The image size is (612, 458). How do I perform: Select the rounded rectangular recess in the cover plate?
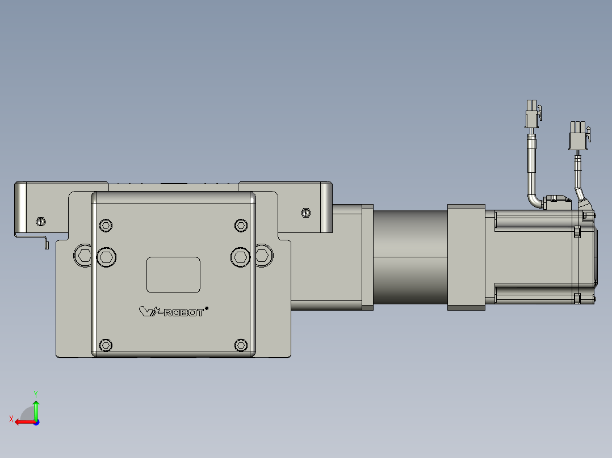[173, 275]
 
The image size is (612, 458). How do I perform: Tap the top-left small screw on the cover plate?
[106, 225]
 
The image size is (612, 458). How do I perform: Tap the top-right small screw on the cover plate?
[241, 225]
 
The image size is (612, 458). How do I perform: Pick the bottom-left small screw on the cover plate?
[106, 345]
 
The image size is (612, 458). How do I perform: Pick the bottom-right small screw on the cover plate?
[241, 345]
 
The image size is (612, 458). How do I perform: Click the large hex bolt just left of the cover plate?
[82, 256]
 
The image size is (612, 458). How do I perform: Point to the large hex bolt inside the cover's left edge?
[106, 257]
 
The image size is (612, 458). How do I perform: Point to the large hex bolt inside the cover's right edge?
[241, 257]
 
